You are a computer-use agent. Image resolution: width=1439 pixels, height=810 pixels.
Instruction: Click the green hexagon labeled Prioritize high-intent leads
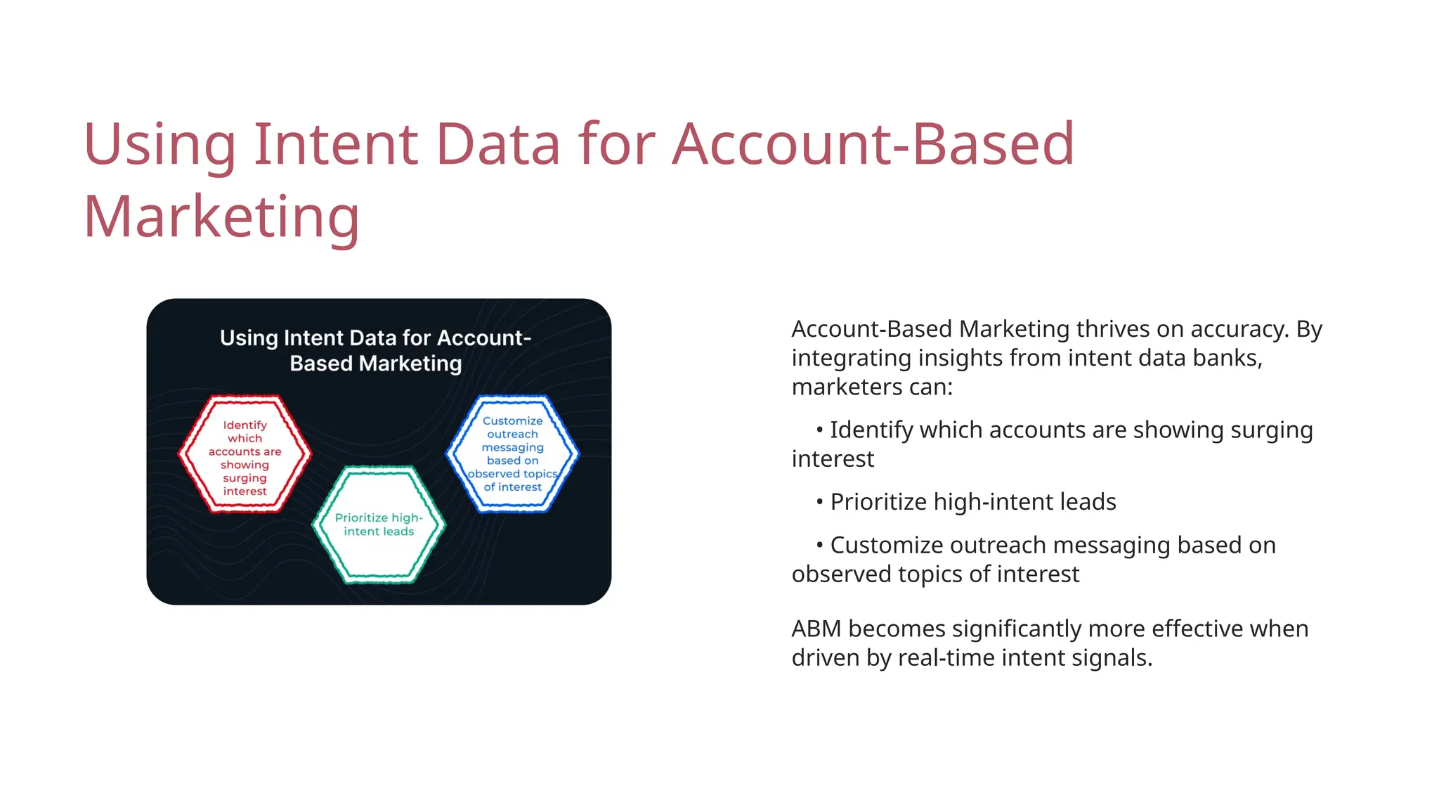point(379,525)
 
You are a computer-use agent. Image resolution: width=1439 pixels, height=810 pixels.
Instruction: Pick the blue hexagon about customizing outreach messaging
point(513,454)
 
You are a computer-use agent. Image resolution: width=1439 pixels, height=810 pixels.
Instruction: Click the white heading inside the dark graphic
point(376,350)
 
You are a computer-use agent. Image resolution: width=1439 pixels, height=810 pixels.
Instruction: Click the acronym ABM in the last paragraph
point(816,629)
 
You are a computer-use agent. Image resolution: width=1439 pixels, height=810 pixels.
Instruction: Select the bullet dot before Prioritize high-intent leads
point(819,502)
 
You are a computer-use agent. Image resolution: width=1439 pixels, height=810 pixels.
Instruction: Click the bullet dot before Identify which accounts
point(819,430)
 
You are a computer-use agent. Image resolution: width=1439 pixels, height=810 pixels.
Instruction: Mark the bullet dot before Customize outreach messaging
point(819,545)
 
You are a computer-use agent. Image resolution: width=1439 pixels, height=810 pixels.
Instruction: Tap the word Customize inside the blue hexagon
point(512,420)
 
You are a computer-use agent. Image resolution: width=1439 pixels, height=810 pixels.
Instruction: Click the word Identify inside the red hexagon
point(245,425)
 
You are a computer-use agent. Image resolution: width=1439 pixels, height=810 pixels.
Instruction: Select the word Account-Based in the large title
point(873,144)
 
